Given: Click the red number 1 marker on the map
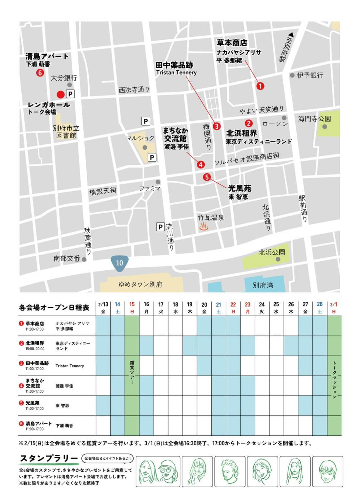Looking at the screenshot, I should [x=260, y=86].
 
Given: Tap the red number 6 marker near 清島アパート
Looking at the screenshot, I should [x=40, y=73].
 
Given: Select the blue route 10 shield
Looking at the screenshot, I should [x=119, y=263].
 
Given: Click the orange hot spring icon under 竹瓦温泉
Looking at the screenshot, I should [x=204, y=226].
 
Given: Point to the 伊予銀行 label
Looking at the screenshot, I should [x=310, y=75].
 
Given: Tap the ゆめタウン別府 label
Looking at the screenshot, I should [x=140, y=284].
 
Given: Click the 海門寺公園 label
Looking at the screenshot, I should [x=314, y=119].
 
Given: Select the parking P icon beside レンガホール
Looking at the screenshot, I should [x=70, y=94].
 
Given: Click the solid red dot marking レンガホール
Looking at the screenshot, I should [x=60, y=95].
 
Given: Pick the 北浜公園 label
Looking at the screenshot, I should [x=272, y=252].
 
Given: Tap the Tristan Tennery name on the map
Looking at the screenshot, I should [x=176, y=73].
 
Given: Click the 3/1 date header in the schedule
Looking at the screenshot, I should [x=333, y=304].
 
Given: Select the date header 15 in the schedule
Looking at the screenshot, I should [x=132, y=304].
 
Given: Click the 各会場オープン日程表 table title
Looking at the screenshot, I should [x=54, y=307].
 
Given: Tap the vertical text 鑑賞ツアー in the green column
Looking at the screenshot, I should [x=132, y=372].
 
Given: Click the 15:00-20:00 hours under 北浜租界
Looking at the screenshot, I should [x=35, y=349].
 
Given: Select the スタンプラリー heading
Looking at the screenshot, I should [x=49, y=458].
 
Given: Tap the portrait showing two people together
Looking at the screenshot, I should [x=158, y=471].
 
